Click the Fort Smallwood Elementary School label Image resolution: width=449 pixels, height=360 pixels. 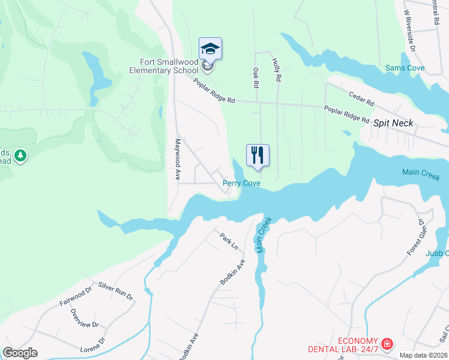coord(169,66)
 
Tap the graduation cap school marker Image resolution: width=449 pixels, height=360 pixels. coord(210,49)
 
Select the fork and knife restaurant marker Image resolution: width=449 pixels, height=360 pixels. coord(258,155)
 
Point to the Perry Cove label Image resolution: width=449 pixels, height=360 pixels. coord(241,183)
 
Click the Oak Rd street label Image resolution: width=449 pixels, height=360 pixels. coord(256,77)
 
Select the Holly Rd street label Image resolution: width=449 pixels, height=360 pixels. coord(277,70)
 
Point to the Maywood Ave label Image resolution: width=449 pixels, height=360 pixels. coord(178,160)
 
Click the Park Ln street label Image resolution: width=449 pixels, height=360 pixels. coord(229,241)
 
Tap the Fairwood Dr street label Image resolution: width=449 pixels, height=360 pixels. coord(75,298)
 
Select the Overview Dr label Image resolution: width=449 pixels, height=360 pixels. coord(84,317)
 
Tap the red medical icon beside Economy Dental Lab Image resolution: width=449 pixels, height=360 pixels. coord(387,344)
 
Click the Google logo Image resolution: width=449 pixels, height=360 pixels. coord(20,353)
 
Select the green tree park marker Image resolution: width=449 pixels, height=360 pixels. coord(21,156)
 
